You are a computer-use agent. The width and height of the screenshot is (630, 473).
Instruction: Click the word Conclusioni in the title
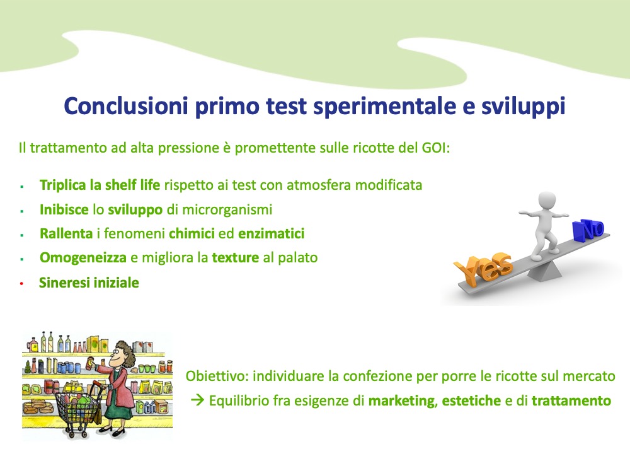126,106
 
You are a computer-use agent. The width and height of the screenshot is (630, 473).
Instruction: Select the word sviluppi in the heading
523,107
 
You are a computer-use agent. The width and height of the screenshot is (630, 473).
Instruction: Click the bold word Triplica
63,185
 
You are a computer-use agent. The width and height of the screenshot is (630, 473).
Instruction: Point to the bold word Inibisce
64,209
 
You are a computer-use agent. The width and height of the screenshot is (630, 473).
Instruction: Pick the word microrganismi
227,209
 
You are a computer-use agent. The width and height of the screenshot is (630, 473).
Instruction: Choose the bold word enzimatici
271,234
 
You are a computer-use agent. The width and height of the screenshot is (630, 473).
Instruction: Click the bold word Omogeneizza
83,258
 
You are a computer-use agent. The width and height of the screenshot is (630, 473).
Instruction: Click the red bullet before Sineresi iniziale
21,284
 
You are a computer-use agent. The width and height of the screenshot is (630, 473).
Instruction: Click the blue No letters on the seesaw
588,230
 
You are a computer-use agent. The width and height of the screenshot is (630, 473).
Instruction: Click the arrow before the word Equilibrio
198,400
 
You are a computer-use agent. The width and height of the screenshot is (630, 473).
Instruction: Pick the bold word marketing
401,401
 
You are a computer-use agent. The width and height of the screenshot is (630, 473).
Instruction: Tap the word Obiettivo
217,377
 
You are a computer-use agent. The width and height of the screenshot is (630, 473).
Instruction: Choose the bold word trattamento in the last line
571,401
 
